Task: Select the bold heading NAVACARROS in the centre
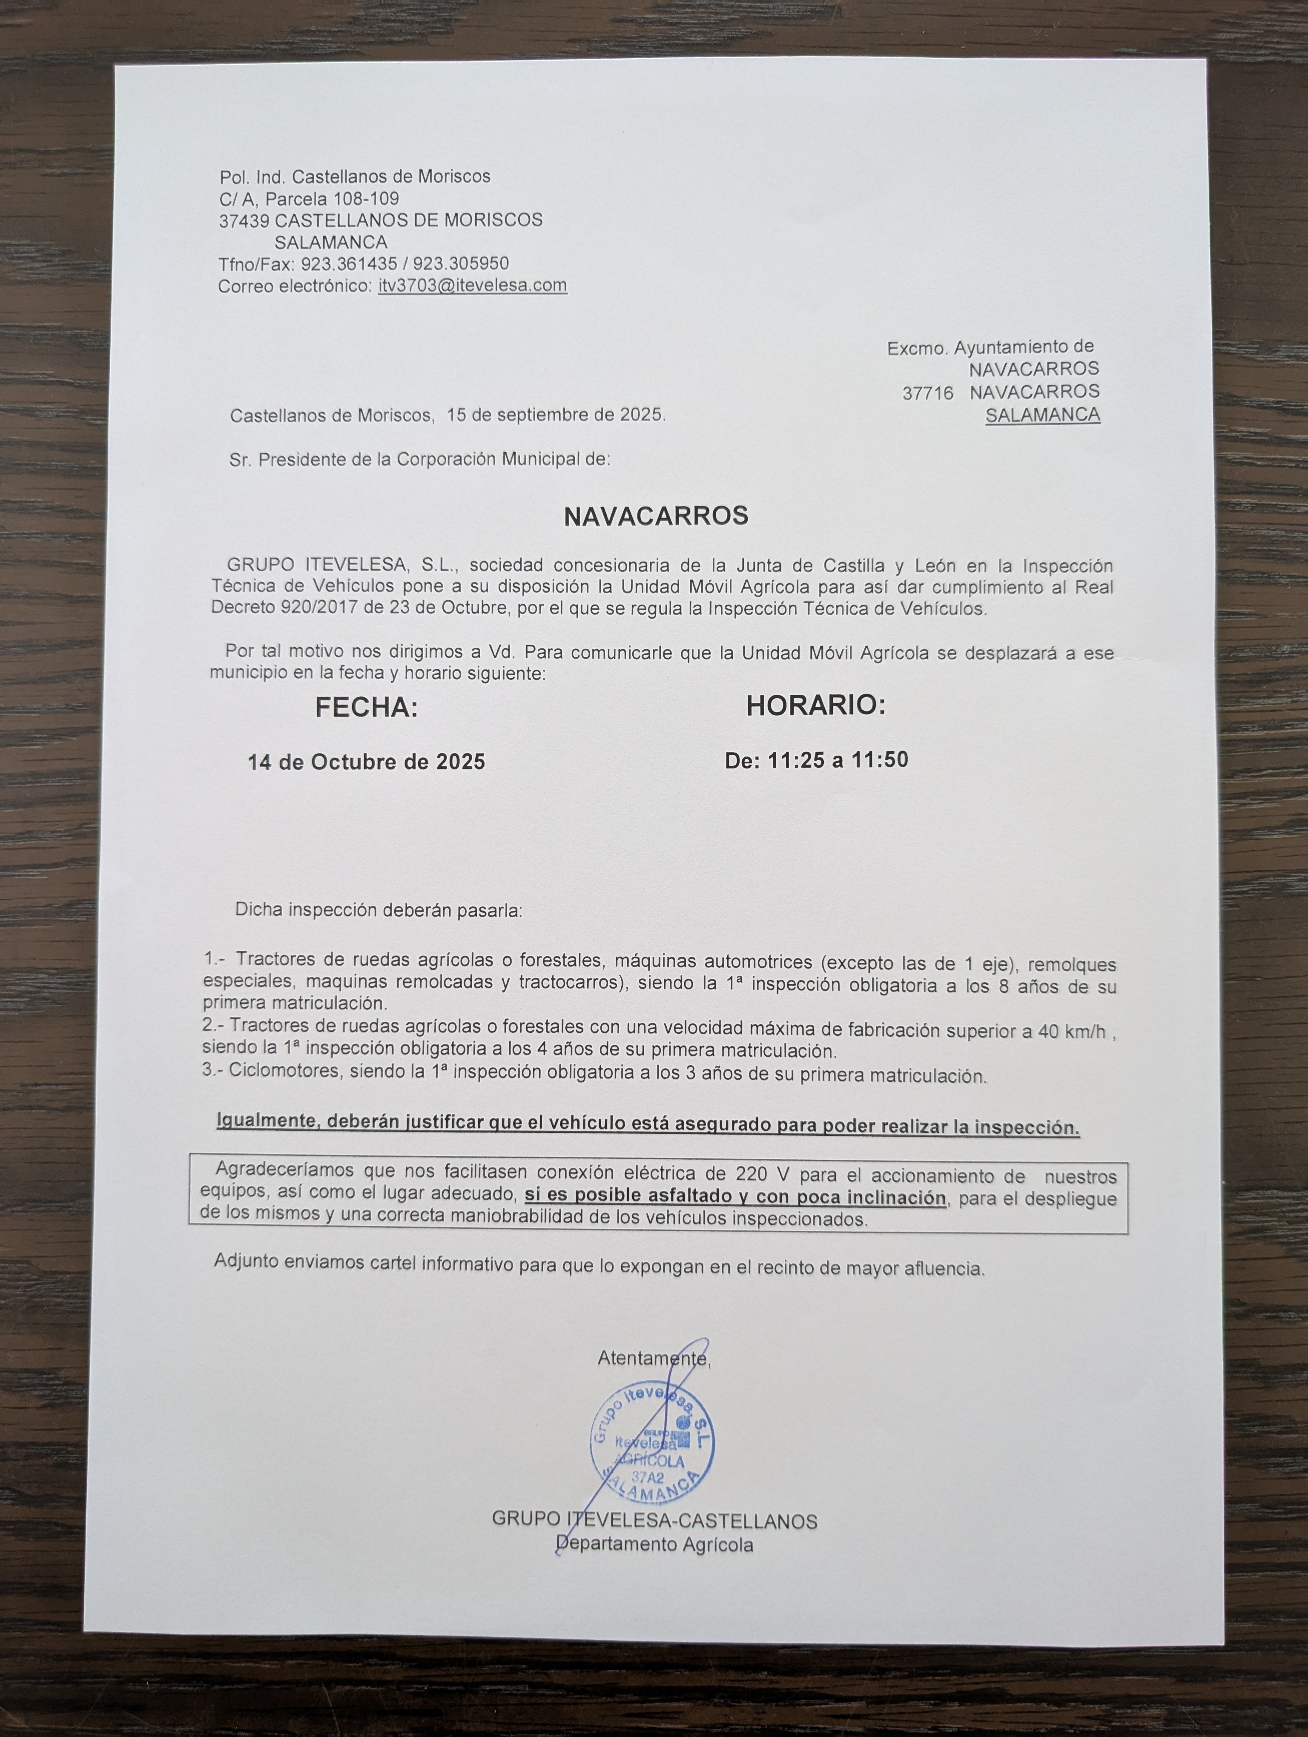[656, 516]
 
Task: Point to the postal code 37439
[244, 221]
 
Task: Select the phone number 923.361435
[349, 264]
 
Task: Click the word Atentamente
[653, 1358]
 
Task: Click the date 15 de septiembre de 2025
[555, 415]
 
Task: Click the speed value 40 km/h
[1072, 1031]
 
